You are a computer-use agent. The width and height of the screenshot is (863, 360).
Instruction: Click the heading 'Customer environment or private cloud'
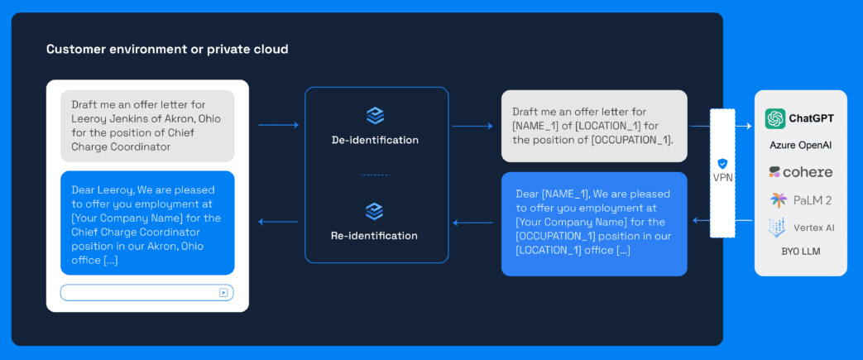click(167, 50)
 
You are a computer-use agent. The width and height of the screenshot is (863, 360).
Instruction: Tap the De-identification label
click(375, 140)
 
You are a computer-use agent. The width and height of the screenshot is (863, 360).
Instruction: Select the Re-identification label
click(375, 236)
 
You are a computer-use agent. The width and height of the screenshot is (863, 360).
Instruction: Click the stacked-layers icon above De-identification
click(375, 116)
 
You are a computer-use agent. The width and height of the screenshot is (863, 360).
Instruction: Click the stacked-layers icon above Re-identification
click(375, 211)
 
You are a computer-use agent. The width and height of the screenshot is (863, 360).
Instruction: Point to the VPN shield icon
click(722, 164)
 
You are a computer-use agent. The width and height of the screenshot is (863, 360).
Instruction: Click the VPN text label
click(722, 178)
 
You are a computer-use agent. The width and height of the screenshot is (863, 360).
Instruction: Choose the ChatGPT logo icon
click(775, 118)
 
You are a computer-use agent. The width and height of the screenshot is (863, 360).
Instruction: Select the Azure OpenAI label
click(800, 146)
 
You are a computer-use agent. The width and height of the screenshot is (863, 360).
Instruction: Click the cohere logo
click(800, 172)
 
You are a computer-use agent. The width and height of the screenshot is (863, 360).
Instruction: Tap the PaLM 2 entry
click(800, 200)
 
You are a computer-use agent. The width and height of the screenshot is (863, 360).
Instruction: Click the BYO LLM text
click(800, 252)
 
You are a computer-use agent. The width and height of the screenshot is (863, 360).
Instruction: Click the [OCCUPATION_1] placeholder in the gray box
click(632, 140)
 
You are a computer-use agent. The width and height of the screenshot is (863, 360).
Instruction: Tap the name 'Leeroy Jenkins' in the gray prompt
click(110, 118)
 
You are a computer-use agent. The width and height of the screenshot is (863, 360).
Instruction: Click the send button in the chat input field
click(223, 292)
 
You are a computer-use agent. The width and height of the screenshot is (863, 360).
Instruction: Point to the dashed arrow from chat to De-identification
click(278, 125)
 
